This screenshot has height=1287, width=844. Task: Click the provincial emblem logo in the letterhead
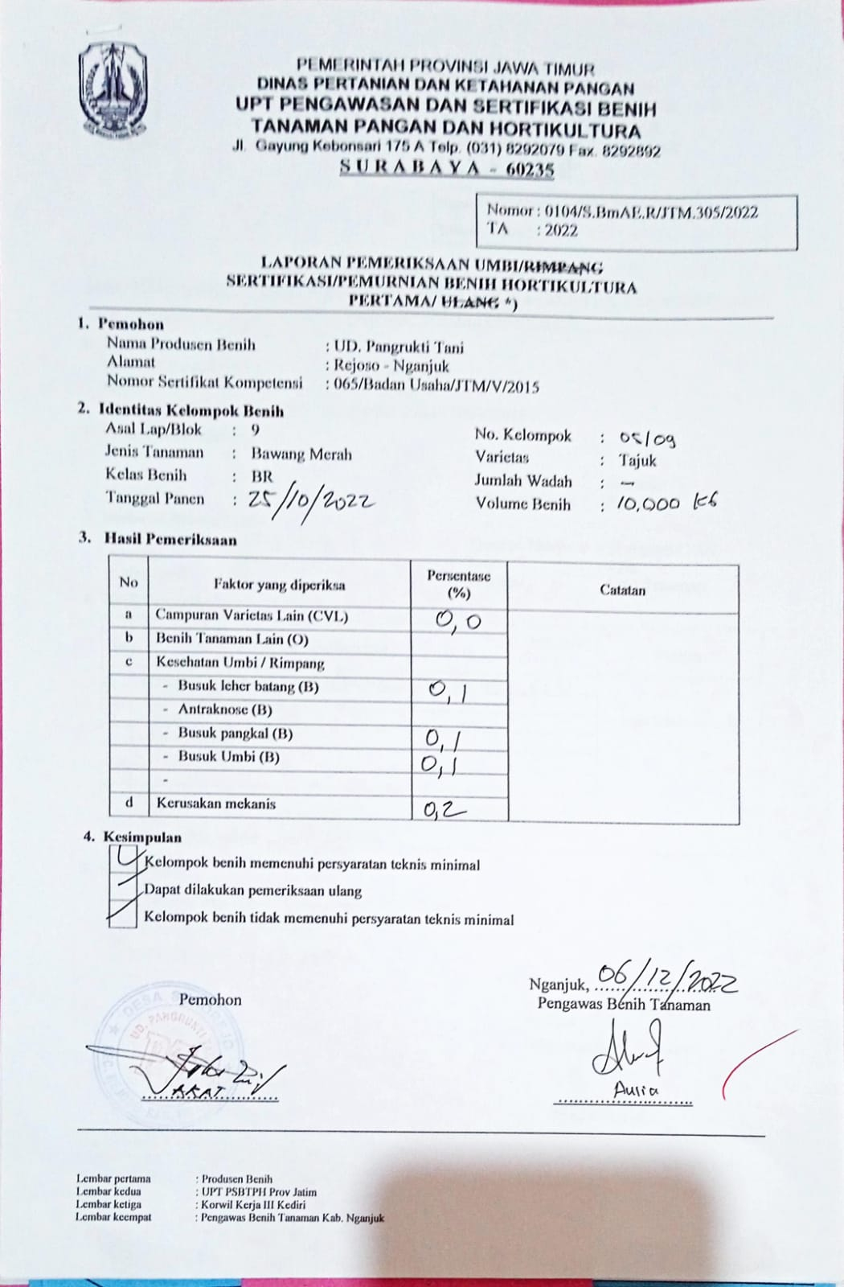pyautogui.click(x=113, y=88)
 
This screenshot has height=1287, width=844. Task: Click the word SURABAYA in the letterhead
pyautogui.click(x=410, y=167)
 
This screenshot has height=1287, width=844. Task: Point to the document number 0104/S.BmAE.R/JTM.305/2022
pyautogui.click(x=651, y=212)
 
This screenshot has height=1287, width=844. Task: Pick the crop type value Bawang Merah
pyautogui.click(x=301, y=454)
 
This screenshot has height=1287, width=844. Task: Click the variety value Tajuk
pyautogui.click(x=637, y=461)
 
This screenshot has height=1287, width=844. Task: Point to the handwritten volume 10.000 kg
pyautogui.click(x=666, y=504)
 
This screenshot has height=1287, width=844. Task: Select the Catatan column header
pyautogui.click(x=622, y=590)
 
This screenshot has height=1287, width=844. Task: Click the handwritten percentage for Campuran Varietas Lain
pyautogui.click(x=458, y=621)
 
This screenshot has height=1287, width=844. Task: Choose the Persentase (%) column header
pyautogui.click(x=458, y=585)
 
